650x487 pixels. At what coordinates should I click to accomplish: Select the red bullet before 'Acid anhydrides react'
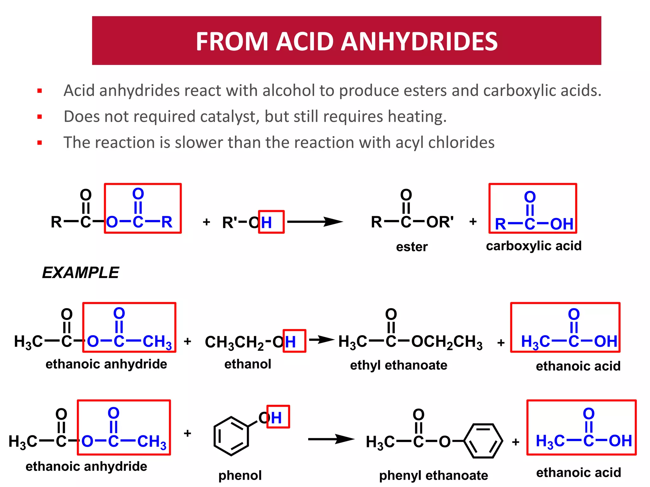pyautogui.click(x=40, y=91)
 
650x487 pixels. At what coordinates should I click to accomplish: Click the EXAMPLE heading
pyautogui.click(x=80, y=273)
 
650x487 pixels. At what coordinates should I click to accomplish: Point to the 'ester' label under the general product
pyautogui.click(x=412, y=247)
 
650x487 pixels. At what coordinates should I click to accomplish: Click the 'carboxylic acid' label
pyautogui.click(x=534, y=246)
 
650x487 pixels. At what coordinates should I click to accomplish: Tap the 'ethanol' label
pyautogui.click(x=248, y=364)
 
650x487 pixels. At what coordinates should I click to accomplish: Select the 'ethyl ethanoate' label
pyautogui.click(x=398, y=365)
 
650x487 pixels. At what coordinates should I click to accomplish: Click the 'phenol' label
pyautogui.click(x=240, y=475)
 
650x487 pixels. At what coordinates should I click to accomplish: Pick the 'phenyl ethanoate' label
pyautogui.click(x=433, y=475)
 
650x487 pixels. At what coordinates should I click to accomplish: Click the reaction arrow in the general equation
pyautogui.click(x=315, y=222)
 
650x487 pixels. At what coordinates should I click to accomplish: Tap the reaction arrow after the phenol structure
pyautogui.click(x=331, y=439)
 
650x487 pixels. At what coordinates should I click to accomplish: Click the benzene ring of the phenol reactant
pyautogui.click(x=231, y=436)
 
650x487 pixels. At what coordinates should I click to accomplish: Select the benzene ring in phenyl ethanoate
pyautogui.click(x=483, y=441)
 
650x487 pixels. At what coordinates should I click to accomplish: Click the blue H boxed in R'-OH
pyautogui.click(x=267, y=222)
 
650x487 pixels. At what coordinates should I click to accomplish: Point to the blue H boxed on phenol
pyautogui.click(x=276, y=418)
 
